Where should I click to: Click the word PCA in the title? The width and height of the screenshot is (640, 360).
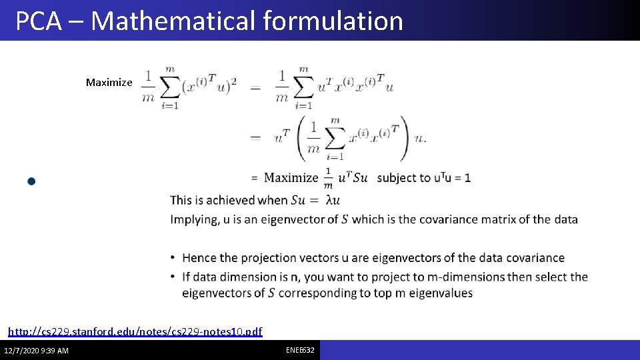[38, 21]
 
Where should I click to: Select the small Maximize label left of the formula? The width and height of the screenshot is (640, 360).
[109, 83]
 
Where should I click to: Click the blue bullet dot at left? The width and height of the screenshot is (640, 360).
[31, 181]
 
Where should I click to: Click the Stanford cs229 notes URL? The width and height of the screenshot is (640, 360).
[135, 331]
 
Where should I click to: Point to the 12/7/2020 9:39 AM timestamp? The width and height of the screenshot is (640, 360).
[36, 351]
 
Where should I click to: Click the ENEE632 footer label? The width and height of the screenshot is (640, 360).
[301, 350]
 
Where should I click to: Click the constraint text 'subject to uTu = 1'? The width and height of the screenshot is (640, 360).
[423, 178]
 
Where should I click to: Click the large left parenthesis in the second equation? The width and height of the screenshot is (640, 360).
[302, 138]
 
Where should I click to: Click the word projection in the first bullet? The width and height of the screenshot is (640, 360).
[256, 258]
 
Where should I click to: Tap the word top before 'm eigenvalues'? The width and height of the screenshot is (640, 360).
[386, 293]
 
